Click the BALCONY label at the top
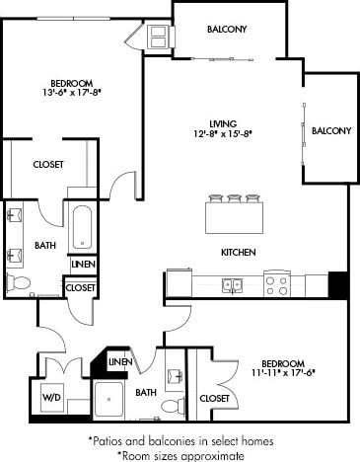pos(227,30)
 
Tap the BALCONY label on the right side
pos(330,130)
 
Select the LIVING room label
pos(225,123)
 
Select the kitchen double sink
pos(234,286)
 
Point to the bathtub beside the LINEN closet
pos(81,228)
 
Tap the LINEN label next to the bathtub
pos(82,265)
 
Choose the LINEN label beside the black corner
pos(120,362)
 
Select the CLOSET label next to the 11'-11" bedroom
pos(214,399)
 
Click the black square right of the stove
pos(335,283)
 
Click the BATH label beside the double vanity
pos(45,246)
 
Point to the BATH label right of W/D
pos(146,393)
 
